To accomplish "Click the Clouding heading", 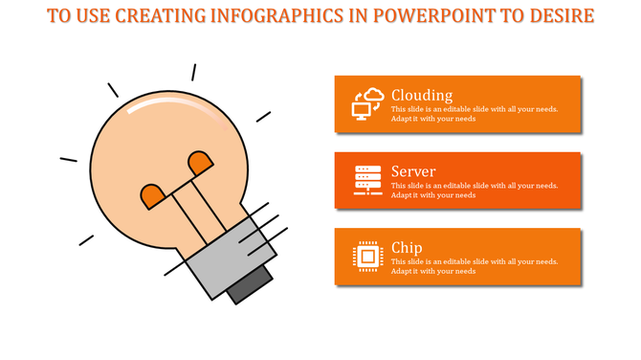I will click(422, 95).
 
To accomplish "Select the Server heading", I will click(413, 171).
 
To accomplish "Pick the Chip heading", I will click(407, 248).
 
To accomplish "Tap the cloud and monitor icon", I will click(367, 102).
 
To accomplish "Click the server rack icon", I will click(367, 179).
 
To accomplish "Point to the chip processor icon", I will click(367, 256).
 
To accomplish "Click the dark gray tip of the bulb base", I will click(251, 284).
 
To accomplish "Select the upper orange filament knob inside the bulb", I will click(201, 163).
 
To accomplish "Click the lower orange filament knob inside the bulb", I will click(153, 196).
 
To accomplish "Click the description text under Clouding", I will click(474, 114).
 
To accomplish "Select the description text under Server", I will click(474, 191).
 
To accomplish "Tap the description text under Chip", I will click(474, 266).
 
